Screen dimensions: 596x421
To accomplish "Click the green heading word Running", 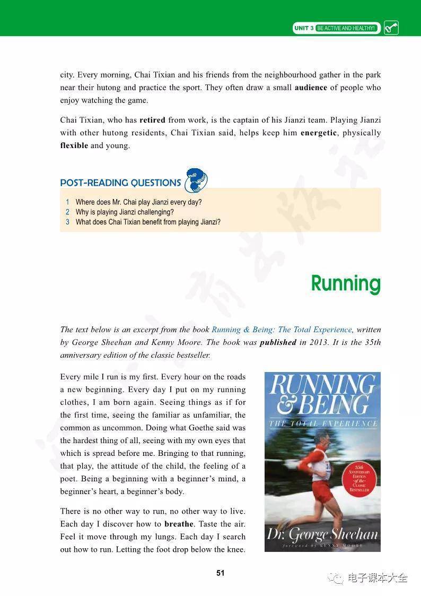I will pos(345,283).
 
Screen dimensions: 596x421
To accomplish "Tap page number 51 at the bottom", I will pos(221,573).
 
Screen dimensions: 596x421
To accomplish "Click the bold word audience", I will pos(311,88).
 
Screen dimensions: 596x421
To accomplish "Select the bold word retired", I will pos(152,120).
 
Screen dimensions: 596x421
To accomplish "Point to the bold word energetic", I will pos(318,133).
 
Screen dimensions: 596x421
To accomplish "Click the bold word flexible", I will pos(74,145).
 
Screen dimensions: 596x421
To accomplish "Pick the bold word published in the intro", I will pos(278,342).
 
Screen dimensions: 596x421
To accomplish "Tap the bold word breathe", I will pos(179,524).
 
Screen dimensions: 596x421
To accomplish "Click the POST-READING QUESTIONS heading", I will pos(120,183).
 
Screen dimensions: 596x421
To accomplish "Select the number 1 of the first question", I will pos(68,202).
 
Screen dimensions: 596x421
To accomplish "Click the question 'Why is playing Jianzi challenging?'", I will pos(125,212).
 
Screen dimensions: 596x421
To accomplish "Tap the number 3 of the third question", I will pos(68,222).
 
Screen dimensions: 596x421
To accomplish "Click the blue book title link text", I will pos(282,330).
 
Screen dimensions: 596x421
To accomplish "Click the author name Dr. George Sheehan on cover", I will pos(322,533).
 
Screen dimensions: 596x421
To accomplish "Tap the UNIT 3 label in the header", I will pos(304,28).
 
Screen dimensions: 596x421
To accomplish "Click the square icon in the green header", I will pos(391,28).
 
